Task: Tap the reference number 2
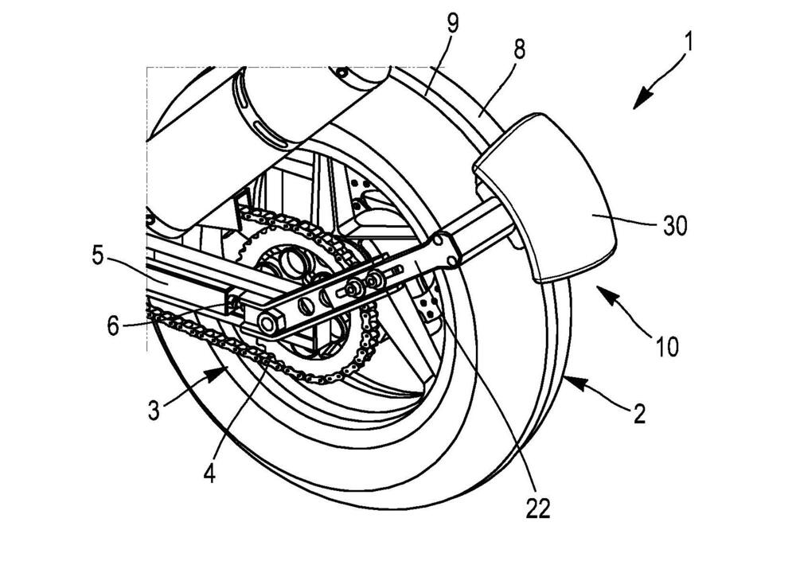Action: pos(640,415)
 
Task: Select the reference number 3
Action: pos(154,410)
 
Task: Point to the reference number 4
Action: pos(209,473)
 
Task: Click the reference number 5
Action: pos(99,256)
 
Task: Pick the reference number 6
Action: pos(114,325)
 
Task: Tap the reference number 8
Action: pos(518,49)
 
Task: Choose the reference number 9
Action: pos(452,23)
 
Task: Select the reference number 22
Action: pos(537,508)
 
